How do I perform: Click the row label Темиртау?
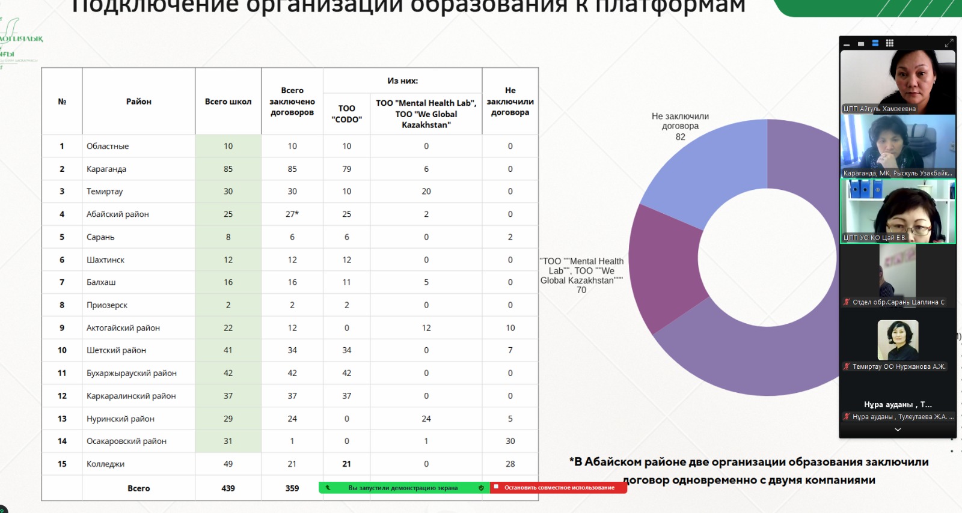[105, 192]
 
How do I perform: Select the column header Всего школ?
[228, 102]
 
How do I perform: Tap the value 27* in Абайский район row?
[292, 214]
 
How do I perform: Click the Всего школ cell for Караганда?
[228, 169]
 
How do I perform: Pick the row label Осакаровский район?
[126, 441]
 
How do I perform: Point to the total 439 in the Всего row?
[228, 488]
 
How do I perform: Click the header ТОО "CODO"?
[346, 114]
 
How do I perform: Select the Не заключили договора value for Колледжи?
[510, 464]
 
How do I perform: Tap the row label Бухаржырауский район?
[131, 373]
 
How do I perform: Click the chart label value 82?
[680, 137]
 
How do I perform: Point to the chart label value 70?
[581, 290]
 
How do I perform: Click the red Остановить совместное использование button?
[559, 488]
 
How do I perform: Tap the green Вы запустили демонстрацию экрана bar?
[403, 488]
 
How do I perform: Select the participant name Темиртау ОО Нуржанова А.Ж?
[898, 366]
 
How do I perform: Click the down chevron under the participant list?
[898, 430]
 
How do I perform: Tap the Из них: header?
[402, 81]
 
